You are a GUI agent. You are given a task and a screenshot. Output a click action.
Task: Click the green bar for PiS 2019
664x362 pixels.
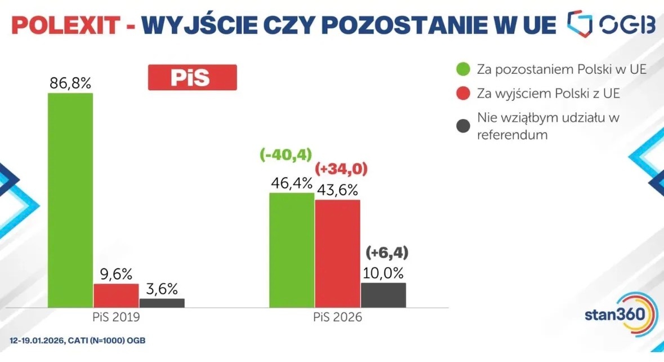(70, 200)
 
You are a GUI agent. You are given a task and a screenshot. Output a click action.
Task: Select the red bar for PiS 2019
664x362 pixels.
(116, 295)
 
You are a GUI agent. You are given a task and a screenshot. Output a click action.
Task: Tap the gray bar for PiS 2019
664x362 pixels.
(162, 303)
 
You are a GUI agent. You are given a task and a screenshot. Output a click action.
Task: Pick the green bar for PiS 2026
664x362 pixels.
(291, 250)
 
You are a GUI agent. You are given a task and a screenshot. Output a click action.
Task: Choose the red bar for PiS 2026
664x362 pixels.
(337, 253)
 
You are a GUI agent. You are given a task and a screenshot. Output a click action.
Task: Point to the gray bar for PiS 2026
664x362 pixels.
(383, 295)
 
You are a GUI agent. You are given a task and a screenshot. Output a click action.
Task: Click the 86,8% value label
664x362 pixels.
(70, 83)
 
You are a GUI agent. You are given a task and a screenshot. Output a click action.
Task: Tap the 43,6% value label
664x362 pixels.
(337, 189)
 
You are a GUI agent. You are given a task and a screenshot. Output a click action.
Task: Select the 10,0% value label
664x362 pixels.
(384, 273)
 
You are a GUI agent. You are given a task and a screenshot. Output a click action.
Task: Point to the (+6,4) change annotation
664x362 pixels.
(387, 251)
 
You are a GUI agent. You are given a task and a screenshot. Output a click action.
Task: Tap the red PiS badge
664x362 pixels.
(192, 78)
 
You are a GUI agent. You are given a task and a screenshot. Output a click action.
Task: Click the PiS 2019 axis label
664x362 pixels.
(116, 317)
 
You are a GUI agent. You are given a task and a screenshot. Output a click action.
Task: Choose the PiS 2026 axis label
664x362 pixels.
(337, 317)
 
